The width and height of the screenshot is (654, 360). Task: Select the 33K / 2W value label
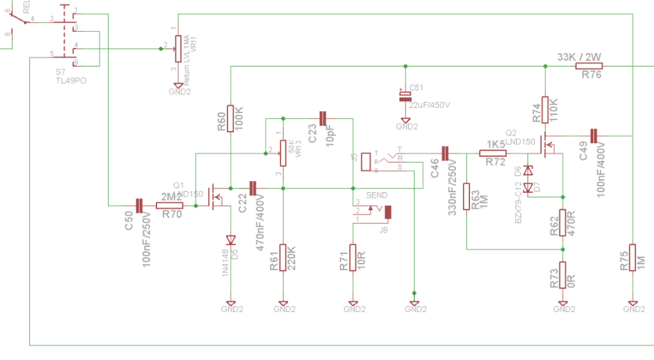tap(579, 57)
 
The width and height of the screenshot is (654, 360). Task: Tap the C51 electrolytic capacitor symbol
tap(405, 96)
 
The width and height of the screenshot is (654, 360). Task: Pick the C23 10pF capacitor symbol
tap(323, 118)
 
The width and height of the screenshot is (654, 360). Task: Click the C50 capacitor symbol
tap(140, 205)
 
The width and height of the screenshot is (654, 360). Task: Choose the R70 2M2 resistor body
tap(170, 205)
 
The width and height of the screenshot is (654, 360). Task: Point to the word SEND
tap(376, 195)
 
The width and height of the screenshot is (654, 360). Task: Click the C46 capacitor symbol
tap(446, 153)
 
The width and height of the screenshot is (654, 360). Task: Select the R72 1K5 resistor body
tap(492, 153)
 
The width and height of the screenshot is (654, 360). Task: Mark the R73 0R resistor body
tap(563, 274)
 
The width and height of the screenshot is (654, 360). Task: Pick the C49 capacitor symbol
tap(593, 135)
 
